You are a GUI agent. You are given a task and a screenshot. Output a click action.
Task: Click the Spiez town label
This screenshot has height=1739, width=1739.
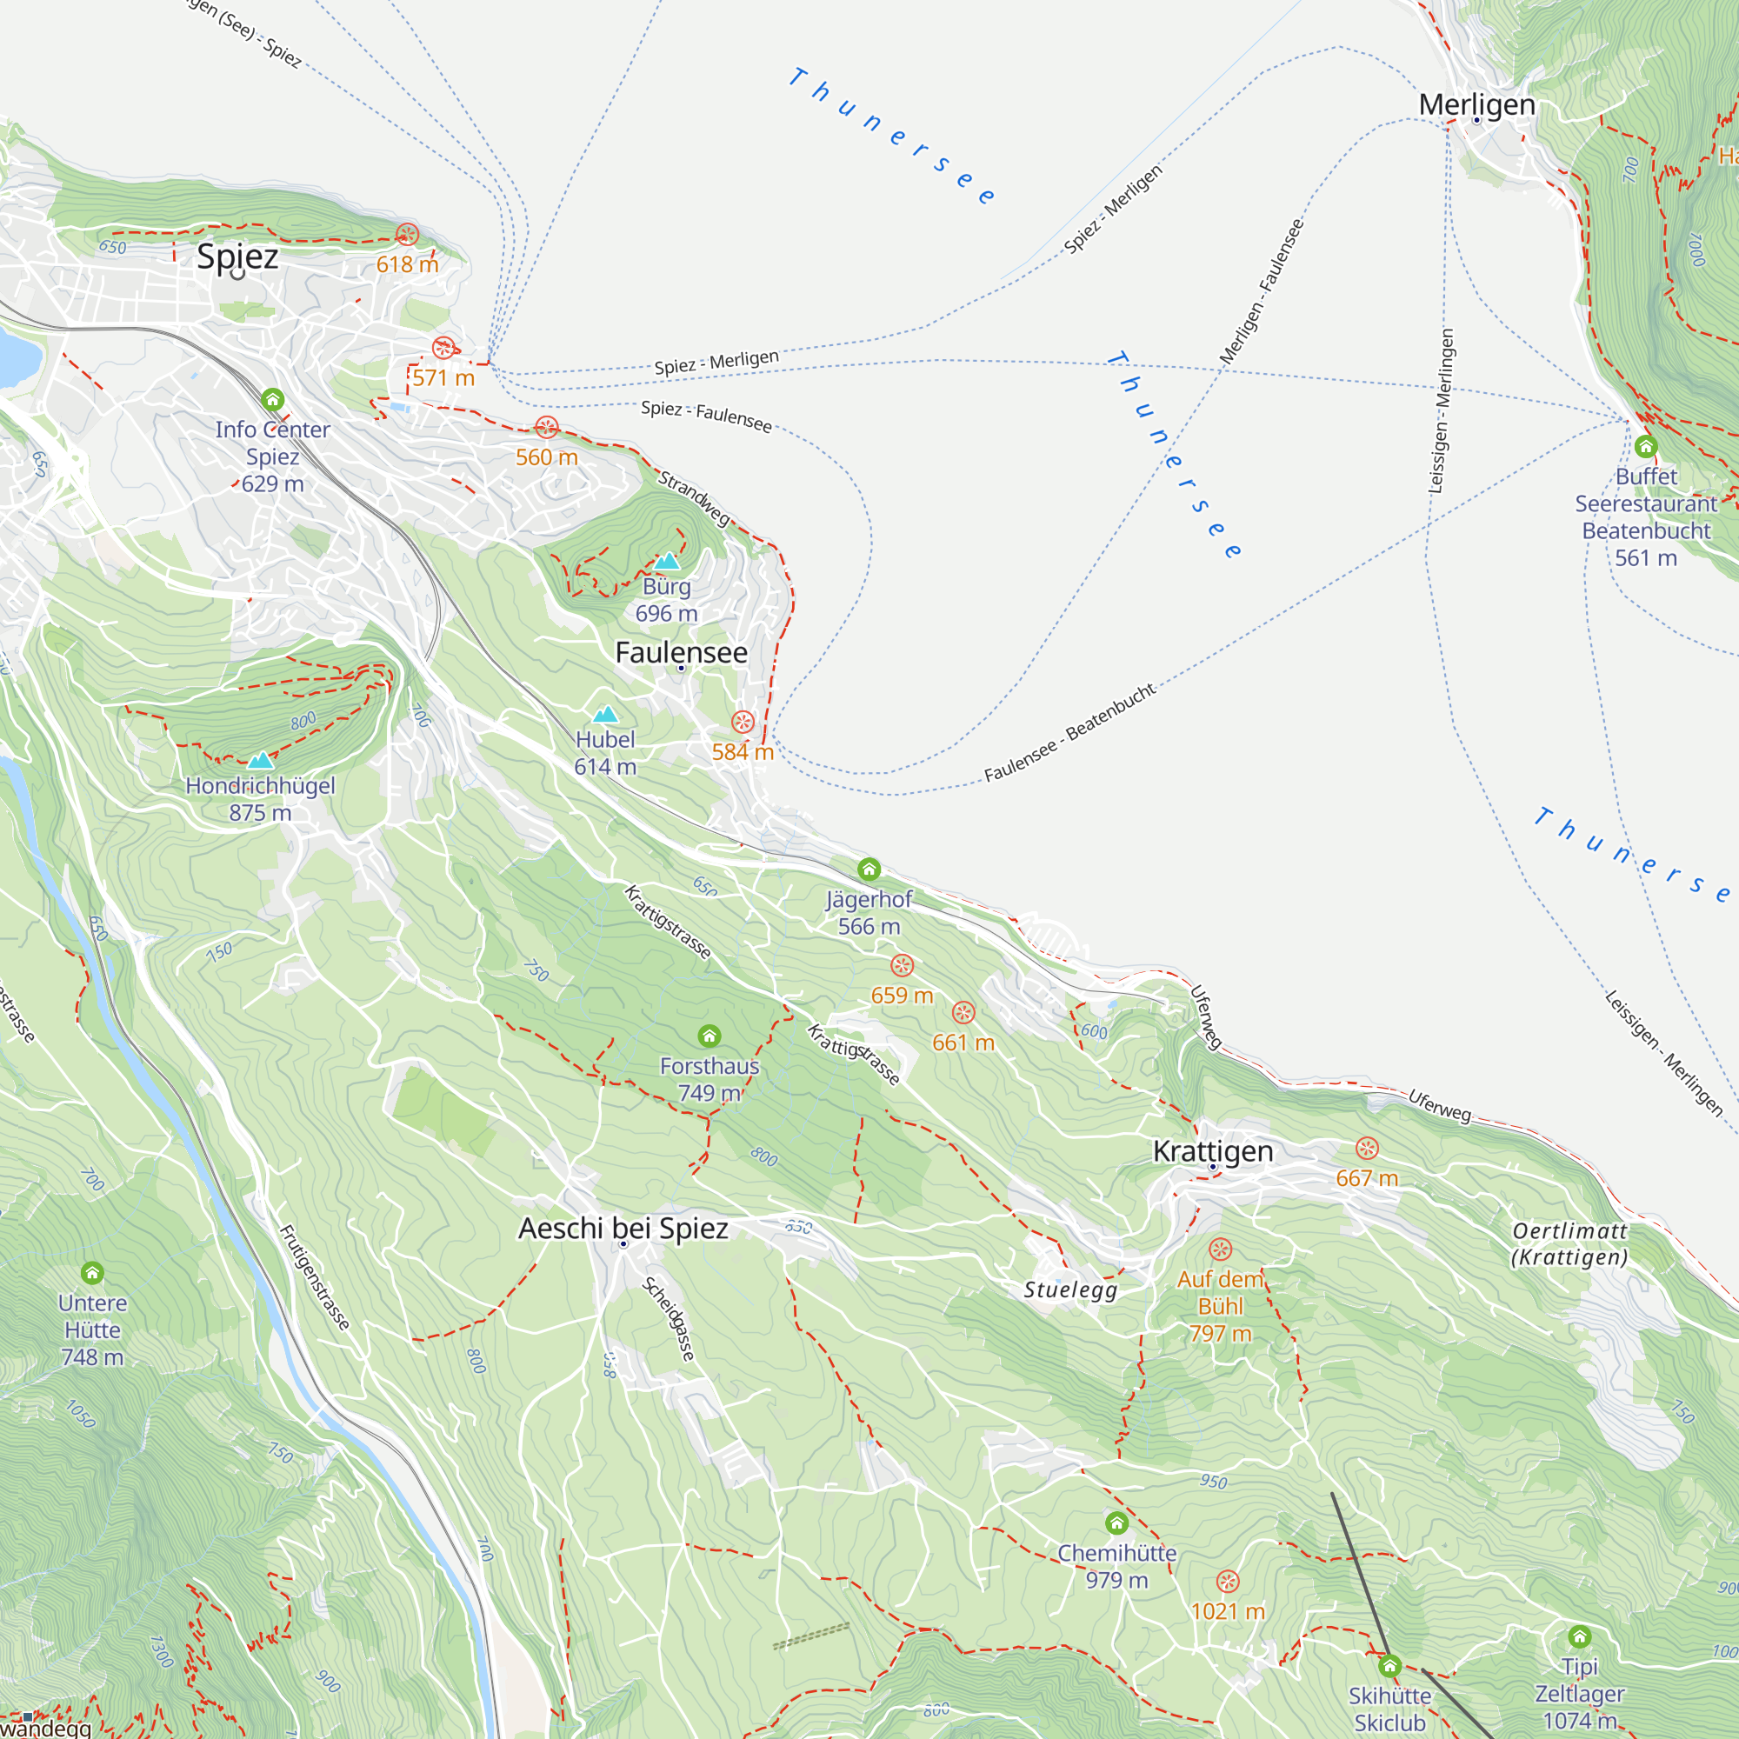(x=237, y=257)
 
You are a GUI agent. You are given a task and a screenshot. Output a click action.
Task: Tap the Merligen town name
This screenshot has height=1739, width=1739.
(x=1476, y=104)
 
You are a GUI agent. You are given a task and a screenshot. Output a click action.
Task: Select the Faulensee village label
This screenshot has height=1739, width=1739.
(x=682, y=653)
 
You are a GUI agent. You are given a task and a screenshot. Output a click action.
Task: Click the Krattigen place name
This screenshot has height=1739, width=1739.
(x=1212, y=1151)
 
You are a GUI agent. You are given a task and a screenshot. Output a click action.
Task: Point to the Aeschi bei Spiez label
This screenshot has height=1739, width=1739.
(x=623, y=1229)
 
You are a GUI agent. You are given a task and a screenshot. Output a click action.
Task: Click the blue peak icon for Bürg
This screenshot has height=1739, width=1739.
(x=667, y=562)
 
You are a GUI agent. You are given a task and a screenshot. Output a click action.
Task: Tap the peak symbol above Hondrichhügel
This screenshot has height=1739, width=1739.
(x=260, y=761)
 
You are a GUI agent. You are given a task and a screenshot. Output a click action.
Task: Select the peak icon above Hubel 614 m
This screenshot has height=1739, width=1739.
(x=606, y=715)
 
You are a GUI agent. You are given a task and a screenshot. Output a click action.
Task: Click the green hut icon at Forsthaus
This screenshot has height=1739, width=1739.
(x=710, y=1036)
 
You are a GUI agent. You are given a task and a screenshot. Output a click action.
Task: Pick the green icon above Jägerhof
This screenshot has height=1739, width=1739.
(x=869, y=869)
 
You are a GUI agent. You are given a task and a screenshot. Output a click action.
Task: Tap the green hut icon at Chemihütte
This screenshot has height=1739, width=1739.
(x=1117, y=1523)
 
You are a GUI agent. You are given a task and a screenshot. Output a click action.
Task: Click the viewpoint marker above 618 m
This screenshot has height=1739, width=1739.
(x=407, y=235)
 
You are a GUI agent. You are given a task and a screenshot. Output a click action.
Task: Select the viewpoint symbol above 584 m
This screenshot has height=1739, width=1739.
(x=743, y=722)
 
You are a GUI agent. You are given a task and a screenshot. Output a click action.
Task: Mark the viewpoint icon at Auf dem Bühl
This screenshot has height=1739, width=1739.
(x=1221, y=1249)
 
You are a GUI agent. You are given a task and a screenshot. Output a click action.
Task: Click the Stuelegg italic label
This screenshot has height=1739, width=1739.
(x=1070, y=1289)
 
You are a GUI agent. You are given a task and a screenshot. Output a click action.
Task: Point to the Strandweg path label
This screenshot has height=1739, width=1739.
(x=694, y=497)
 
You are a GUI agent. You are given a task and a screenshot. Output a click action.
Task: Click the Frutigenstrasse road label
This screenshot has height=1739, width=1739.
(x=314, y=1277)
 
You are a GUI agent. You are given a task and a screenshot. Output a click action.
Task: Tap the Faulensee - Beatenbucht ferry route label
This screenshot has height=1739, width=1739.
(x=1069, y=733)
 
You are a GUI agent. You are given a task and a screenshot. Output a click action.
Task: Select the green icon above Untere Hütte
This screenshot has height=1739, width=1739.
(x=92, y=1273)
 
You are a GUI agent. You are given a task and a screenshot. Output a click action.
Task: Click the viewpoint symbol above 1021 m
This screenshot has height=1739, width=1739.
(x=1228, y=1582)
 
